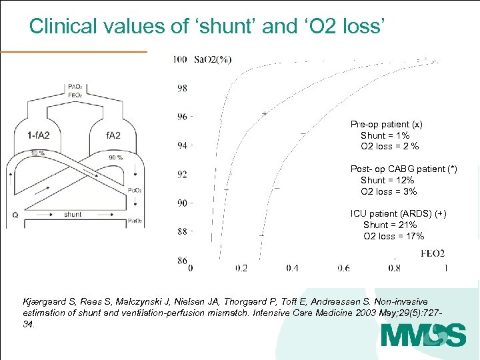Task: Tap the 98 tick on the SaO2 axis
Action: click(182, 88)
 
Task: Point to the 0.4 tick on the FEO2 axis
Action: click(293, 268)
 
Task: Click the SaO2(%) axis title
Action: click(213, 60)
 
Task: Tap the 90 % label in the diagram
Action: click(115, 157)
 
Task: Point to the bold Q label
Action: click(15, 215)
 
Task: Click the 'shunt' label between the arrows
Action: click(73, 215)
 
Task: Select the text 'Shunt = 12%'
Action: click(387, 180)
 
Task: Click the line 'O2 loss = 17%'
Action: click(393, 236)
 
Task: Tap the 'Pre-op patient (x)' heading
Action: click(387, 125)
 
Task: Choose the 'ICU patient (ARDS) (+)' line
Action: click(399, 213)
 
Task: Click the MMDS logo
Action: click(423, 335)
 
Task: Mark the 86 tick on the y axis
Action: click(182, 261)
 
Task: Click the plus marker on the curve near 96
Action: click(264, 114)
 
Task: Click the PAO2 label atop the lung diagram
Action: click(75, 87)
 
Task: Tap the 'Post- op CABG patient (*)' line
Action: click(404, 169)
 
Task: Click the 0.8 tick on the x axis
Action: click(394, 268)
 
